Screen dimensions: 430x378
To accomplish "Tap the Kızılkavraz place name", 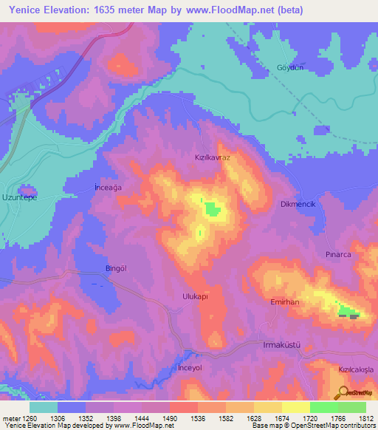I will point(213,158).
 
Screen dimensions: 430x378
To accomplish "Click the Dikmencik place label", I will point(299,204).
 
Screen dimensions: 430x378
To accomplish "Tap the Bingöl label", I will point(117,269).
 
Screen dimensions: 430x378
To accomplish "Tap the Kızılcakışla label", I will point(357,367).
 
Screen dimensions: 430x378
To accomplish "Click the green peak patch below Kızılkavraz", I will point(213,209).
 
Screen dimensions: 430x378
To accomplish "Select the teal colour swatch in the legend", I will point(44,407).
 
